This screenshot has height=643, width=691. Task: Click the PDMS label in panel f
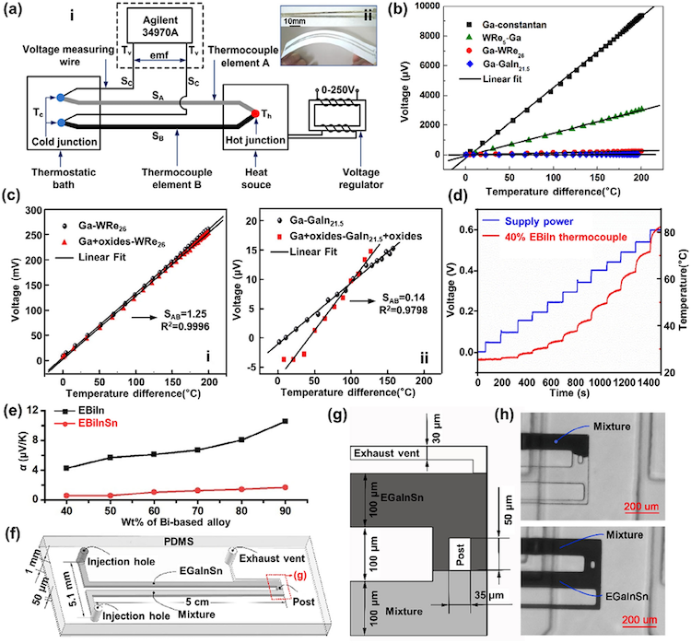click(176, 535)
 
